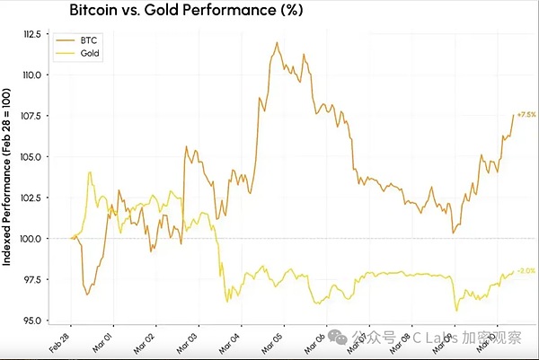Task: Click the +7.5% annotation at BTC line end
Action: (526, 116)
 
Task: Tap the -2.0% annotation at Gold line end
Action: (526, 270)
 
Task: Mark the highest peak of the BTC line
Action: (278, 42)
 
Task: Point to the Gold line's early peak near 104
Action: (90, 172)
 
